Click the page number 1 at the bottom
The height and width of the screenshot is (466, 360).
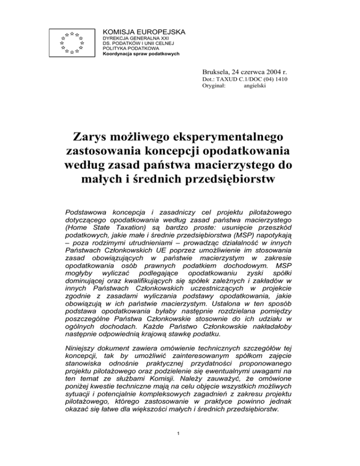click(x=180, y=446)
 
